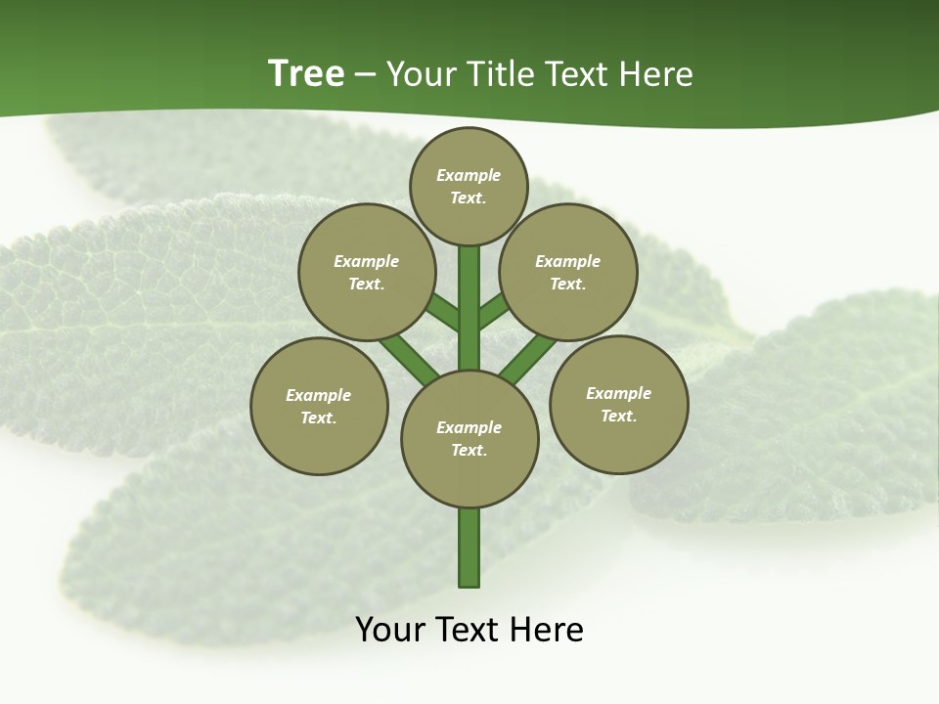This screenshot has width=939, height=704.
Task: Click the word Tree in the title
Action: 306,73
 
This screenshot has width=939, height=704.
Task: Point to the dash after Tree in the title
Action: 366,75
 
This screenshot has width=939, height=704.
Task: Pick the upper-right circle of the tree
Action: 568,273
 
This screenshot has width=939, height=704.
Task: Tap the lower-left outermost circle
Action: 319,407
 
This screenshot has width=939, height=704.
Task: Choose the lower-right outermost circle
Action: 618,405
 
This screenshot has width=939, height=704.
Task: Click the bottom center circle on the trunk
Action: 469,439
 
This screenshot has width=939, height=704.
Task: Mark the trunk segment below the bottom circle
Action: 469,548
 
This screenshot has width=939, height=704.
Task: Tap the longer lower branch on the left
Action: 409,358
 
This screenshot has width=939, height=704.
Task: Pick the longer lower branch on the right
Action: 528,358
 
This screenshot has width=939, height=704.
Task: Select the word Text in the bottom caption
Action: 468,630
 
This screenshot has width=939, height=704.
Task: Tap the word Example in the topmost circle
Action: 469,175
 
